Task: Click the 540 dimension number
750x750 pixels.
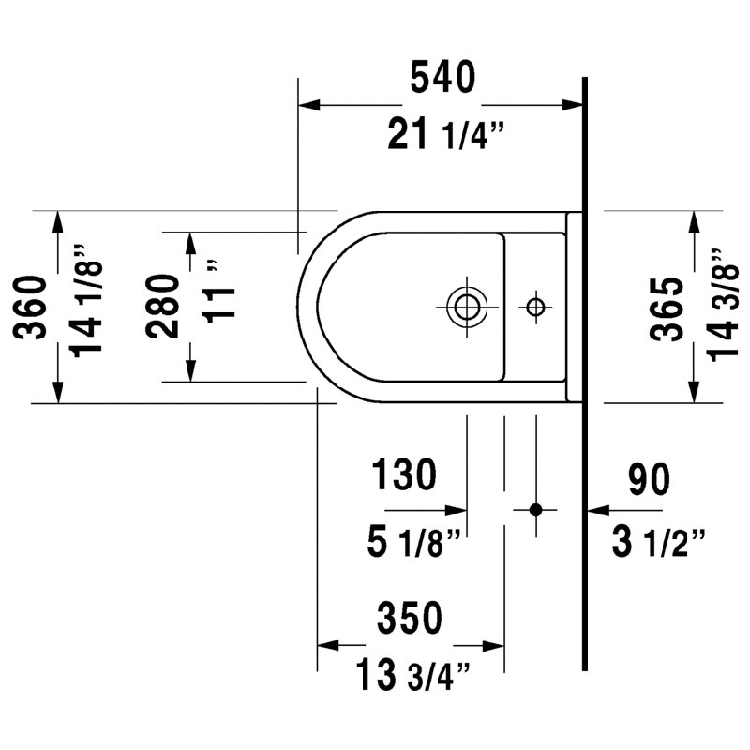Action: click(x=442, y=77)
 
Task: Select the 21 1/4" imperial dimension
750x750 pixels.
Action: click(x=446, y=134)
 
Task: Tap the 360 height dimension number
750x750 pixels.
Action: click(x=30, y=307)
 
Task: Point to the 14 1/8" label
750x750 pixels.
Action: click(x=86, y=301)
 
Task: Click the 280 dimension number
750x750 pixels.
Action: click(x=162, y=307)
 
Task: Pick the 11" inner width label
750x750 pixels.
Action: click(x=219, y=292)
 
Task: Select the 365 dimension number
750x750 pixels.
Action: click(x=667, y=309)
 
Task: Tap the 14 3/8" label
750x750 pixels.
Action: click(x=723, y=306)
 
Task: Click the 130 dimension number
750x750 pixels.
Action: click(x=404, y=474)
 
